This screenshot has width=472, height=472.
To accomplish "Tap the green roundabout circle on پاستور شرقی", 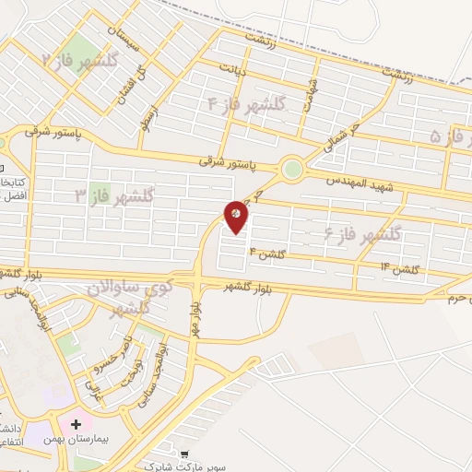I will [292, 169].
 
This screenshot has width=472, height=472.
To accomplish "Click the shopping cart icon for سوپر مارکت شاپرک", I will [186, 454].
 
